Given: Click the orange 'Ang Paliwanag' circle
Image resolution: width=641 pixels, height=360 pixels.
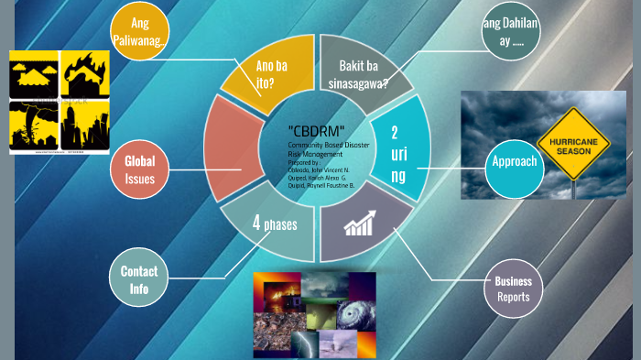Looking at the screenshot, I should tap(140, 33).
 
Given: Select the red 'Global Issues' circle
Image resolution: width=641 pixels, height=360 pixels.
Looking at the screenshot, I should tap(140, 170).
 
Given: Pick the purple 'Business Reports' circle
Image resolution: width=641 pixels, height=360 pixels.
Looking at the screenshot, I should tap(513, 289).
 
